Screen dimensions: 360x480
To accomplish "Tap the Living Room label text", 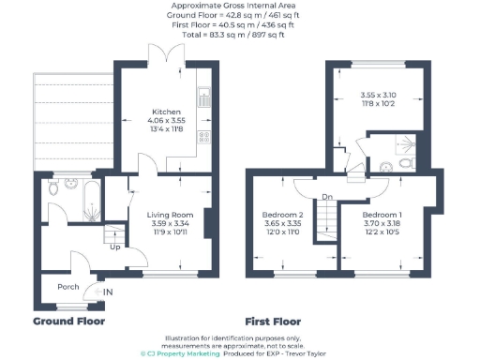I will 171,216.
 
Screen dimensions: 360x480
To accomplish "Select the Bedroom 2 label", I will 281,216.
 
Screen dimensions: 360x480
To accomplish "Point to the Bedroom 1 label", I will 381,216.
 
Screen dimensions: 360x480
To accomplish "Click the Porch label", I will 67,287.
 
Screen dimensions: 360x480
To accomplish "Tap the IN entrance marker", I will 109,292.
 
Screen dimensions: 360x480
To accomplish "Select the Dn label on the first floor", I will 326,197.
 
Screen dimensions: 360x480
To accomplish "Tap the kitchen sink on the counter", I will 204,96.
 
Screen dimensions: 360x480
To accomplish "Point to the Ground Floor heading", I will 69,321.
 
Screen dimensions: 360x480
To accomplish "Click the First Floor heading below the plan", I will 277,321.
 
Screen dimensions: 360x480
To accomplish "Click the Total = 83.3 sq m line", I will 240,35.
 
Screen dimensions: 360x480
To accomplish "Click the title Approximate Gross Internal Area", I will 240,7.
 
